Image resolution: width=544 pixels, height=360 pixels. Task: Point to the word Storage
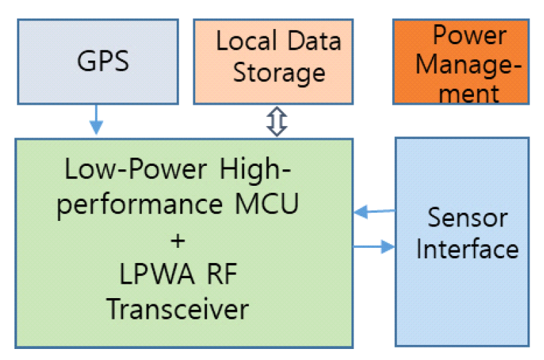pyautogui.click(x=279, y=72)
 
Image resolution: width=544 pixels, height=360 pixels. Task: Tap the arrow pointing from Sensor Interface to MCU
pyautogui.click(x=374, y=213)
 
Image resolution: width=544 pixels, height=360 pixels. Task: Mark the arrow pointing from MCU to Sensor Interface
pyautogui.click(x=374, y=245)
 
